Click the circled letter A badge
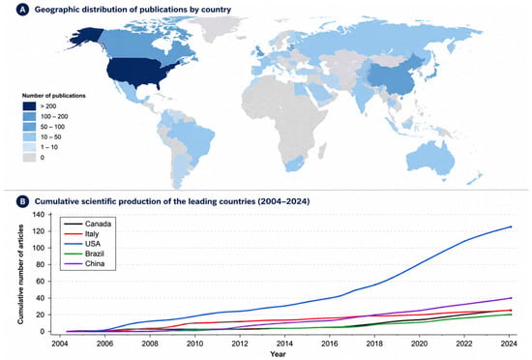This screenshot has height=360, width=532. click(23, 10)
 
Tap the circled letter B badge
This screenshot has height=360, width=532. click(23, 201)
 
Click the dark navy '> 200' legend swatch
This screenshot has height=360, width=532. click(29, 106)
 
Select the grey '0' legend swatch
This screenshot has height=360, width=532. click(29, 158)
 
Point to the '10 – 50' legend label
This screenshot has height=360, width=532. click(50, 137)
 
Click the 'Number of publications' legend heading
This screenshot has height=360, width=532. click(53, 96)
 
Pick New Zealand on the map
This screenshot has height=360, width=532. click(474, 178)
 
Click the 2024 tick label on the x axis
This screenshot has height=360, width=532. click(509, 343)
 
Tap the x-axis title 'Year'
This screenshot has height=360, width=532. click(278, 354)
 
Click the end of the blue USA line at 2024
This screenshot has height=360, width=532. click(511, 226)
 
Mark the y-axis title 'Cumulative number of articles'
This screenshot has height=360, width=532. click(20, 274)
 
